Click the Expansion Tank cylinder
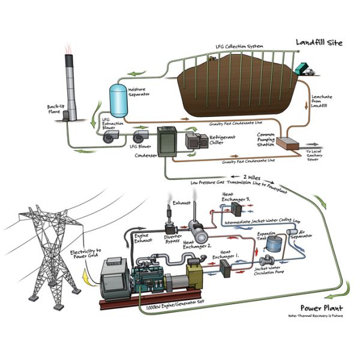coord(275,242)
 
